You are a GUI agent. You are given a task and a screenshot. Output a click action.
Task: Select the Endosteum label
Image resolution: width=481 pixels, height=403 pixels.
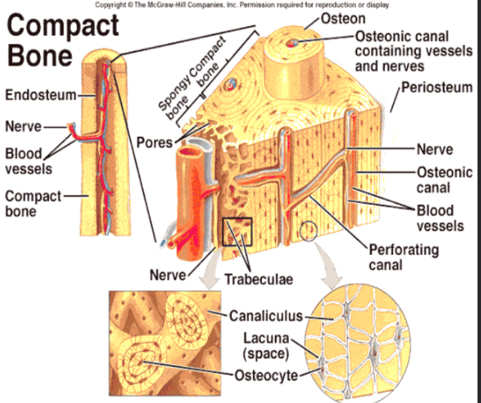[40, 95]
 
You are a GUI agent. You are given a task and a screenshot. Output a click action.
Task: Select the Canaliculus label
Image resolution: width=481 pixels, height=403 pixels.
[265, 316]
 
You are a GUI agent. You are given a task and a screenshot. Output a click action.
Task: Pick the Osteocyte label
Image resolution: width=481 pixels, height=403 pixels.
[266, 375]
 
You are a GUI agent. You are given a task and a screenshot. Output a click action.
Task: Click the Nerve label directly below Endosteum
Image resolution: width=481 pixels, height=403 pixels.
[23, 127]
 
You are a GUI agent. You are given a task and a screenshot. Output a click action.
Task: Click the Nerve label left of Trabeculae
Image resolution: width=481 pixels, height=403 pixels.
[168, 275]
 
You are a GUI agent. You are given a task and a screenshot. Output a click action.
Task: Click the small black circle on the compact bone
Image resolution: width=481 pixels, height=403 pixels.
[309, 230]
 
